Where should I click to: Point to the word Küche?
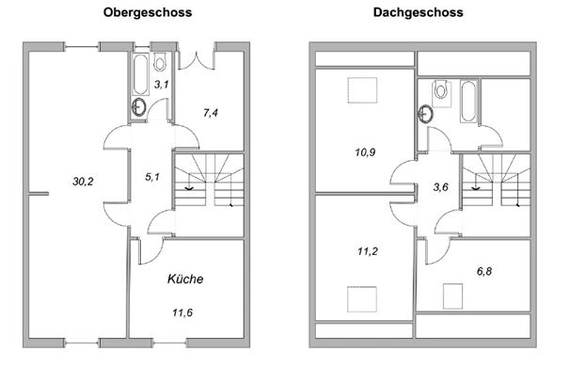(185, 280)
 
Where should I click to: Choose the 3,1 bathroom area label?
(162, 86)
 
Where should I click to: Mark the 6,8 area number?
(484, 271)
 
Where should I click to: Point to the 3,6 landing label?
(441, 187)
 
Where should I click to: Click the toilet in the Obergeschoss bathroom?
(161, 62)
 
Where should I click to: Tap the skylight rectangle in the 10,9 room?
(361, 89)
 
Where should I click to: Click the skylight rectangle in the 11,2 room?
(361, 299)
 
